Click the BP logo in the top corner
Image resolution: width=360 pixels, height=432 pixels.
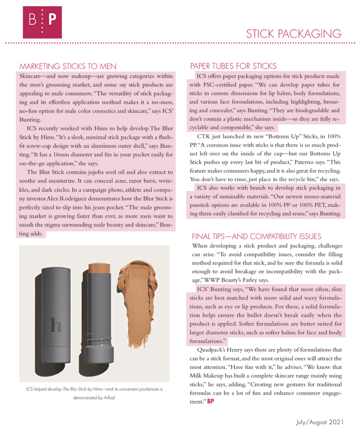click(42, 22)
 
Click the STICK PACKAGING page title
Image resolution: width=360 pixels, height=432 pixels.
click(293, 34)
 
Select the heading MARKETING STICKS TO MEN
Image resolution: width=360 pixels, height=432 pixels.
click(68, 66)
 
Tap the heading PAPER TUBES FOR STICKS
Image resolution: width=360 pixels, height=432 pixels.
click(233, 66)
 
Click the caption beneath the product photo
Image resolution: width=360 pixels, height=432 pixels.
click(94, 393)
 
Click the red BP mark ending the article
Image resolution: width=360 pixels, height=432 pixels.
click(210, 401)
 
